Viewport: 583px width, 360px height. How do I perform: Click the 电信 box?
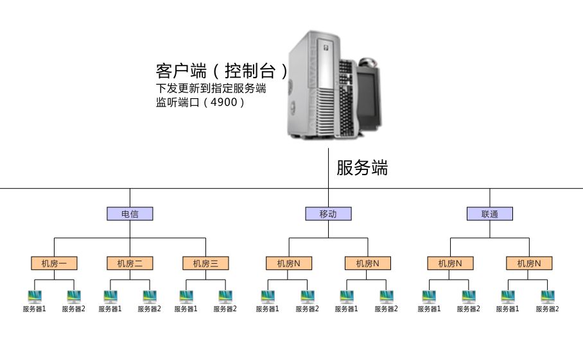point(130,214)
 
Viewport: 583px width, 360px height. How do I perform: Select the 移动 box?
point(328,214)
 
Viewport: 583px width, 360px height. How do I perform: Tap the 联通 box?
point(489,214)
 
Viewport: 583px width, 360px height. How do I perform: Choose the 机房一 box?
point(54,263)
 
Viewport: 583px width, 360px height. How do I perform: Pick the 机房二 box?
point(130,263)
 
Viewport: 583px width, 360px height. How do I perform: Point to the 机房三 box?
point(205,263)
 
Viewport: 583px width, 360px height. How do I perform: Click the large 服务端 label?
point(362,168)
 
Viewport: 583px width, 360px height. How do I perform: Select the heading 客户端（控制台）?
point(222,70)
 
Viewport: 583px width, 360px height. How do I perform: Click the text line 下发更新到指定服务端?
point(211,88)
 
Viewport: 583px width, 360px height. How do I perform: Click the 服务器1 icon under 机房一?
point(35,296)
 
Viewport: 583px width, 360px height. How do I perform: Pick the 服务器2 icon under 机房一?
point(74,296)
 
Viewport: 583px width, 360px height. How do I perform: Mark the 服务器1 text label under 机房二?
point(110,309)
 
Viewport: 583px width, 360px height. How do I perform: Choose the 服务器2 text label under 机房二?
point(149,309)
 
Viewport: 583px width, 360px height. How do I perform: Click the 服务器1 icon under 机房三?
point(186,296)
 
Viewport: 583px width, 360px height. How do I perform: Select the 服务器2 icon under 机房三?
point(225,296)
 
